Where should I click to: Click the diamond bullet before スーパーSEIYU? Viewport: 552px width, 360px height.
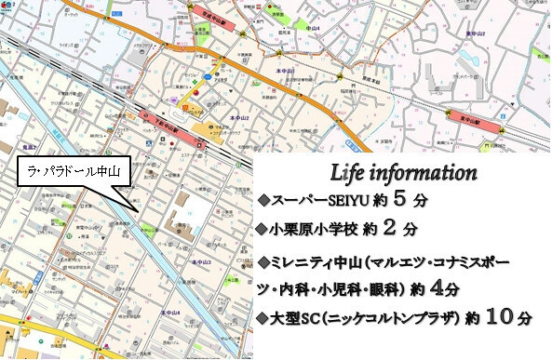coord(263,201)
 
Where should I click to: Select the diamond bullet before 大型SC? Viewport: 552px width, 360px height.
coord(263,318)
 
